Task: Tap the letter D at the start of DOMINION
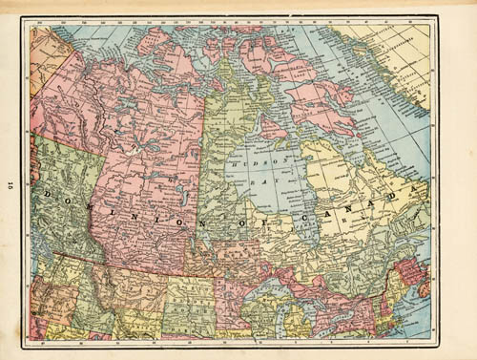(46, 194)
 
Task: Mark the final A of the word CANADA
(416, 191)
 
